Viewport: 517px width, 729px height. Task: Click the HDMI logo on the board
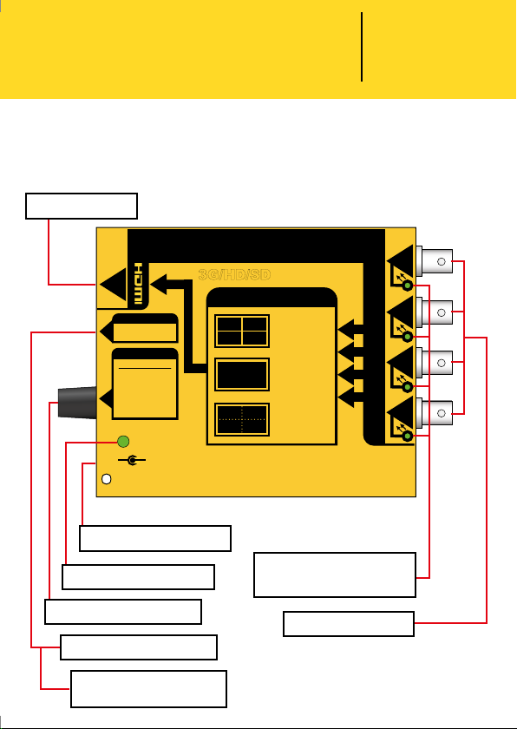point(138,284)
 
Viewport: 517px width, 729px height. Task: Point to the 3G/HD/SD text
point(234,275)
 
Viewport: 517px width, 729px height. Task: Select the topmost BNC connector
point(435,261)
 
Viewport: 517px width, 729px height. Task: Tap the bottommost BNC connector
point(435,413)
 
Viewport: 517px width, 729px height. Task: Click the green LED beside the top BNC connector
point(408,286)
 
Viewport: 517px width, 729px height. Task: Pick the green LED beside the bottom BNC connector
point(408,436)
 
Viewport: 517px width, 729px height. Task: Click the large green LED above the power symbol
point(123,441)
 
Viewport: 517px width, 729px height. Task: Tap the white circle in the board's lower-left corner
point(107,479)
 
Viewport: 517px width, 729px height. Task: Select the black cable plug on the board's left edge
point(77,402)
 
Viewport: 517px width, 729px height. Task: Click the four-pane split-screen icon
point(242,331)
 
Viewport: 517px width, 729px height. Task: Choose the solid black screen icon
point(242,374)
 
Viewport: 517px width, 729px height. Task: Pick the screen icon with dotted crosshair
point(242,420)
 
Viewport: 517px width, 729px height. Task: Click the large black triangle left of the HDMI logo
point(114,284)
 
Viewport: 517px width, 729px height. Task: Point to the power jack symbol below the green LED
point(132,460)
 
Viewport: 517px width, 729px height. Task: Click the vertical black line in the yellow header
point(362,47)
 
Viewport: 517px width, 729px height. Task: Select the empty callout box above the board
point(82,206)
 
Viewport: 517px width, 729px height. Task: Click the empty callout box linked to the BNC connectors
point(349,624)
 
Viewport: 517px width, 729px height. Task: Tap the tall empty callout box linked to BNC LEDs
point(335,575)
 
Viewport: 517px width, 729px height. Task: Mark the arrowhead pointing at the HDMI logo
point(159,284)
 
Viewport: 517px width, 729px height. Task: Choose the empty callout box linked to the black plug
point(123,612)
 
